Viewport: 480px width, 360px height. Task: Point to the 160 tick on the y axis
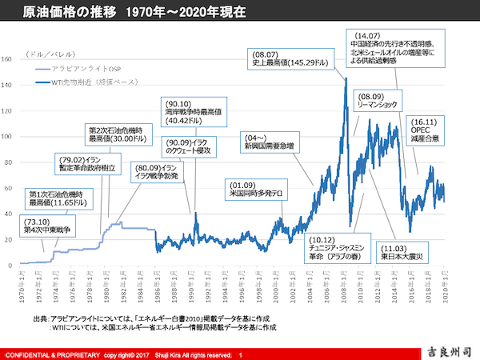coord(7,58)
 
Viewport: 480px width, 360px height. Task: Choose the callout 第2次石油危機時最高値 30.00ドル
coord(118,137)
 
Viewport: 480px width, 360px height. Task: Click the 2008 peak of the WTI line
coord(346,78)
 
